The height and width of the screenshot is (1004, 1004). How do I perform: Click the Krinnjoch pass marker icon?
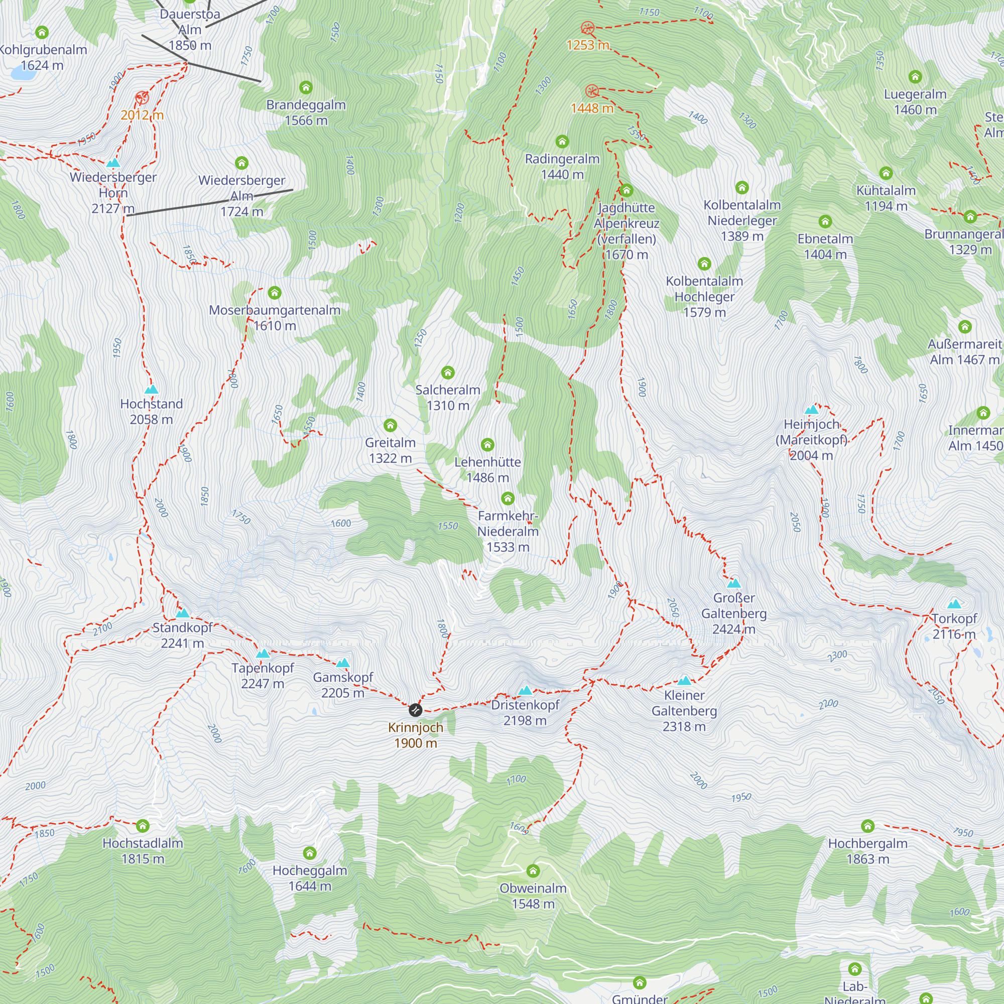click(415, 710)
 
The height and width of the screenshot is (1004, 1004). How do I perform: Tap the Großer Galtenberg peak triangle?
click(734, 582)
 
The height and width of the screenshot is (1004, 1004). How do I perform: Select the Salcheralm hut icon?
click(448, 372)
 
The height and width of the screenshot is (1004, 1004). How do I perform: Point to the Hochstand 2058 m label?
click(151, 412)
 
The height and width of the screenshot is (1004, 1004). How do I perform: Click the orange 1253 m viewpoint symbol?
click(587, 28)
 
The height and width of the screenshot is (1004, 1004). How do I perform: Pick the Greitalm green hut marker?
click(390, 425)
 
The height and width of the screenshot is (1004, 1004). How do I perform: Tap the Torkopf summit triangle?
click(954, 604)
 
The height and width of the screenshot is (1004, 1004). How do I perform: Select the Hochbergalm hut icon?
click(867, 826)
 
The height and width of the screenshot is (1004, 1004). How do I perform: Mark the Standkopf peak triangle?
click(182, 613)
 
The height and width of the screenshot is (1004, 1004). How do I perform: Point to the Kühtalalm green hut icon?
click(886, 173)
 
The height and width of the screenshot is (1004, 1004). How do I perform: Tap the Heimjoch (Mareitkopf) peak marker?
click(811, 410)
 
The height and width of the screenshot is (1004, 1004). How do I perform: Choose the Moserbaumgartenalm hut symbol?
click(275, 293)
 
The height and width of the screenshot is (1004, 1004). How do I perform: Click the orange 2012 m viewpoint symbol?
click(142, 98)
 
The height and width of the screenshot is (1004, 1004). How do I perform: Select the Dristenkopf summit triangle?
click(526, 691)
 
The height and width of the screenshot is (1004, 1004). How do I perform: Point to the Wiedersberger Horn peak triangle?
click(113, 163)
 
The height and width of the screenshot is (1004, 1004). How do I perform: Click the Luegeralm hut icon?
click(915, 77)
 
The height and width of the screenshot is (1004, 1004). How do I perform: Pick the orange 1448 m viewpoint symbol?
click(591, 91)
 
